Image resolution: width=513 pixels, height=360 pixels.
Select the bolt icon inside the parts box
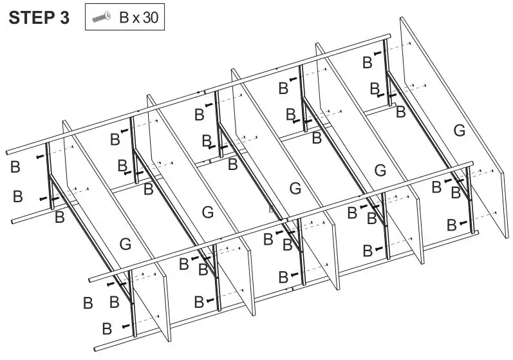tap(102, 18)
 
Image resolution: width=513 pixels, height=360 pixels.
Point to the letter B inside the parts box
tap(124, 18)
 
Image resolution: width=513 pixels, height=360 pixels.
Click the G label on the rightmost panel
tap(458, 131)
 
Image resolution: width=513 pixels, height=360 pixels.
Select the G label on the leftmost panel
tap(126, 244)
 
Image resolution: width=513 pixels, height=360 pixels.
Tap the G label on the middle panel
tap(295, 189)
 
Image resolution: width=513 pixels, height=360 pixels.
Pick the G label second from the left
tap(207, 212)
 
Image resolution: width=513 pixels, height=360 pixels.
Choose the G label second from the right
tap(380, 170)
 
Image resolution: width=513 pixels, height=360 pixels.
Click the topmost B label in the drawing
tap(367, 62)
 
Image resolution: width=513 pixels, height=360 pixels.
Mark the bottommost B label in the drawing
tap(107, 328)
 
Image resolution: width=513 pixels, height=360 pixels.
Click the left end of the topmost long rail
tap(8, 153)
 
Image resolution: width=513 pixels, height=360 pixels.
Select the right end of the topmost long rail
tap(389, 35)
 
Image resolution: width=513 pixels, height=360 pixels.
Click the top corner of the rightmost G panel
tap(403, 18)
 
